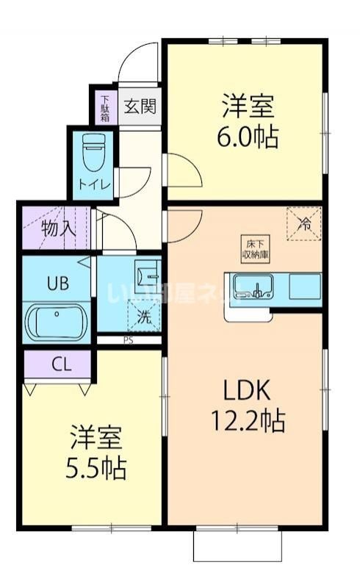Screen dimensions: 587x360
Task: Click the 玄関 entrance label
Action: point(139,107)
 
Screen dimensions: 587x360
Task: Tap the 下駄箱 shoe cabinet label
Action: point(105,107)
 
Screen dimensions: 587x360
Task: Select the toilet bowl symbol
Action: point(93,154)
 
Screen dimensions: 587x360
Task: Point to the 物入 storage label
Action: point(58,227)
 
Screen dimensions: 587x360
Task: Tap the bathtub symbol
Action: point(57,322)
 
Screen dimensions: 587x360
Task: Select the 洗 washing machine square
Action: point(145,317)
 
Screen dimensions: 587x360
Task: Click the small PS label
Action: point(128,340)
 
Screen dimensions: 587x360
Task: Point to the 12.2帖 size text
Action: point(248,421)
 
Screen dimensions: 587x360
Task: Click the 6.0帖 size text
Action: point(248,137)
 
